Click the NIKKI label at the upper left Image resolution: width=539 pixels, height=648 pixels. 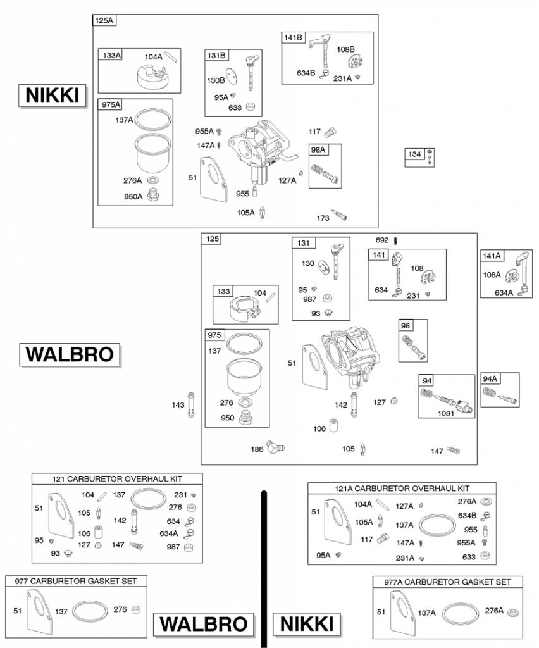pyautogui.click(x=52, y=96)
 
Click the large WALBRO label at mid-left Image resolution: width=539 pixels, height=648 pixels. pyautogui.click(x=70, y=354)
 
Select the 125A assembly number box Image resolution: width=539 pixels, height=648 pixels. pyautogui.click(x=104, y=20)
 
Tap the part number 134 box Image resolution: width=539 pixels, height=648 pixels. pyautogui.click(x=414, y=154)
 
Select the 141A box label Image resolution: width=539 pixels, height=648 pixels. pyautogui.click(x=492, y=256)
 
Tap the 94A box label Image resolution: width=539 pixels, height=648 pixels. pyautogui.click(x=490, y=378)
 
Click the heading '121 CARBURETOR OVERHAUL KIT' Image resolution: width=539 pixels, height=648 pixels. pyautogui.click(x=117, y=478)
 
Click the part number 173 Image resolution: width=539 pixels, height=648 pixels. pyautogui.click(x=323, y=218)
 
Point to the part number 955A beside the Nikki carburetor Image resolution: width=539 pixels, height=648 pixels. pyautogui.click(x=204, y=131)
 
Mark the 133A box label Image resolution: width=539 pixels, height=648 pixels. pyautogui.click(x=111, y=55)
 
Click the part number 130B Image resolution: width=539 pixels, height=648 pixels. pyautogui.click(x=216, y=80)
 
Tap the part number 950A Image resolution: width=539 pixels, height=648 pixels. pyautogui.click(x=133, y=196)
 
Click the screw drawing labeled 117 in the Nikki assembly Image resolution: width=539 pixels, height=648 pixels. pyautogui.click(x=330, y=133)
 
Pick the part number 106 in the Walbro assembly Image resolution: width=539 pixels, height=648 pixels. pyautogui.click(x=319, y=428)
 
